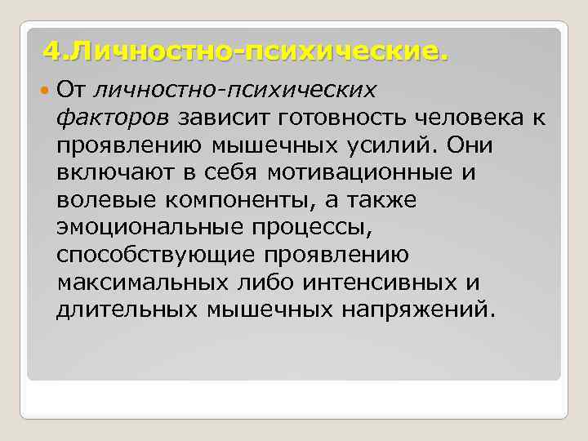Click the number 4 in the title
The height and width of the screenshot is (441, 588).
coord(51,53)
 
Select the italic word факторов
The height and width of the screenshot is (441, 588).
coord(113,117)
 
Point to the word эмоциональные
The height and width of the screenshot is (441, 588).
coord(144,228)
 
